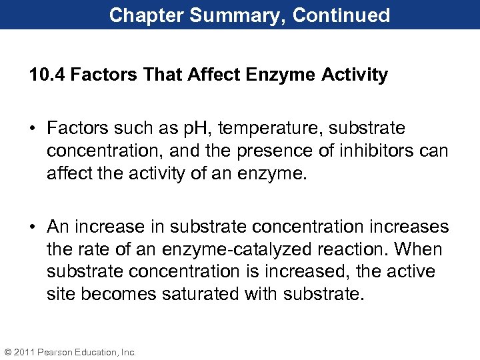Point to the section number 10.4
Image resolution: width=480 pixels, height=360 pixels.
click(47, 75)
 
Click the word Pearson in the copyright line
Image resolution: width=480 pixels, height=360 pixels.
click(56, 351)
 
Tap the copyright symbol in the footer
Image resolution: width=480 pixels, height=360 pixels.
click(8, 351)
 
